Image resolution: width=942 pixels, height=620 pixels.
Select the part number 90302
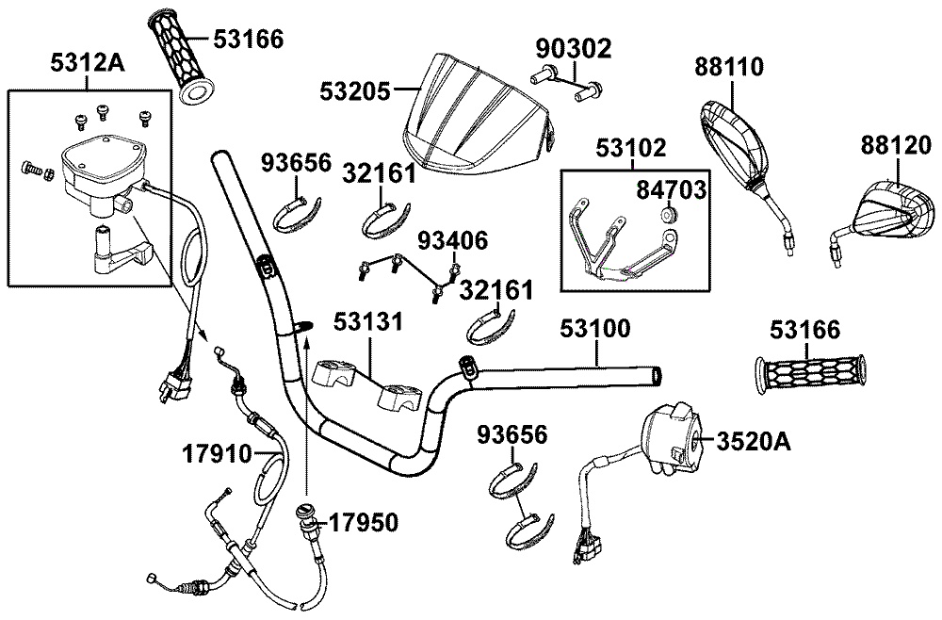click(x=574, y=47)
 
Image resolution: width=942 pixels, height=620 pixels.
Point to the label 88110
click(x=729, y=67)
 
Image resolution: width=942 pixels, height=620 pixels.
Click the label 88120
click(x=894, y=145)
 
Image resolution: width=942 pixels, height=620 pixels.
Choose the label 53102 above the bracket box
click(x=632, y=148)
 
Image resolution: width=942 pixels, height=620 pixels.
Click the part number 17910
click(x=218, y=453)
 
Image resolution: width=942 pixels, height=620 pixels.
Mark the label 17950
click(x=362, y=521)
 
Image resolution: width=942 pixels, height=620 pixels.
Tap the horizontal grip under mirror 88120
click(x=809, y=372)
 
